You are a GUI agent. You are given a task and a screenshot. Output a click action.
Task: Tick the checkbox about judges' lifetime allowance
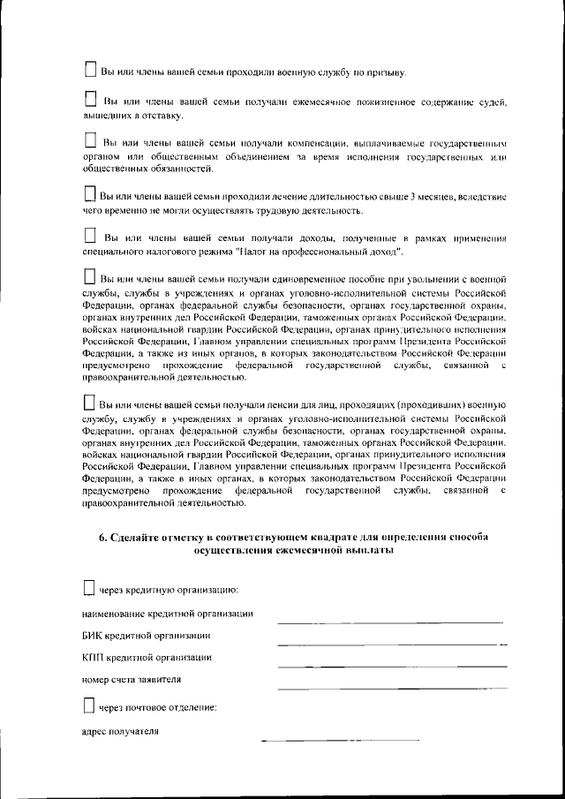click(x=90, y=99)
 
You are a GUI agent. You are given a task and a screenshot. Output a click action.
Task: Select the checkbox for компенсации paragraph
click(x=90, y=140)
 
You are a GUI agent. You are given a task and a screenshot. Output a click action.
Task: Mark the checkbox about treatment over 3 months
click(x=88, y=192)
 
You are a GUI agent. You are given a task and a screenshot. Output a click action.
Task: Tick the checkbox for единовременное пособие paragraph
click(x=89, y=277)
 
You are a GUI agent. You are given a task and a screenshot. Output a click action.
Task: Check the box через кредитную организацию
click(x=88, y=587)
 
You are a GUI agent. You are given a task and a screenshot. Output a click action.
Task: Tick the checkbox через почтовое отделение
click(x=88, y=705)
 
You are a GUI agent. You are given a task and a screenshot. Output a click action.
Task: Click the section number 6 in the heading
click(x=102, y=537)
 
